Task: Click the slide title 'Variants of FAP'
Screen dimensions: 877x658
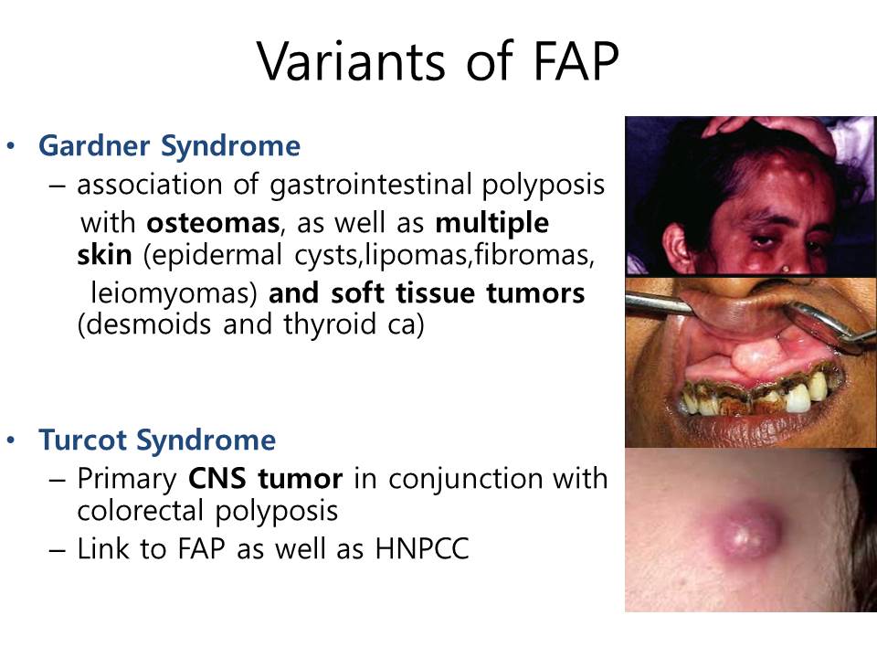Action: (438, 61)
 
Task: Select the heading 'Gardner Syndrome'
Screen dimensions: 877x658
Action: (170, 146)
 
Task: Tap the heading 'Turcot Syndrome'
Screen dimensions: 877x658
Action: (157, 440)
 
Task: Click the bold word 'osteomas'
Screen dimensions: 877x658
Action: (213, 223)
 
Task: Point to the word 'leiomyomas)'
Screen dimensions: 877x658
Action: (174, 293)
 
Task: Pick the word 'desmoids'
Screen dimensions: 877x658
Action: (149, 324)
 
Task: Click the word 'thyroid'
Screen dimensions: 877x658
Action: (330, 325)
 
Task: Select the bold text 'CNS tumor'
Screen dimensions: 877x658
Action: (265, 478)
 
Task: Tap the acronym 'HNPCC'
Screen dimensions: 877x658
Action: (422, 549)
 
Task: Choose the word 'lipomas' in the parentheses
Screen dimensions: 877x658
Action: (416, 255)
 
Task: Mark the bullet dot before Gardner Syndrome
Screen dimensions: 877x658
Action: (11, 146)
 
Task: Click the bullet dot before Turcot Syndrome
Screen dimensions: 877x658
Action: (11, 440)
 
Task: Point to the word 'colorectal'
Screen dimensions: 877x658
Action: (139, 511)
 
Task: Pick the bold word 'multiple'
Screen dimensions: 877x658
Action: (492, 224)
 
